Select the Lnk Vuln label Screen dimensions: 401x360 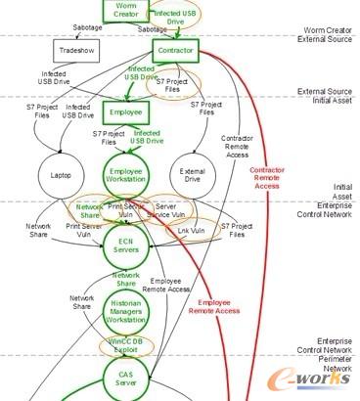(192, 231)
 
